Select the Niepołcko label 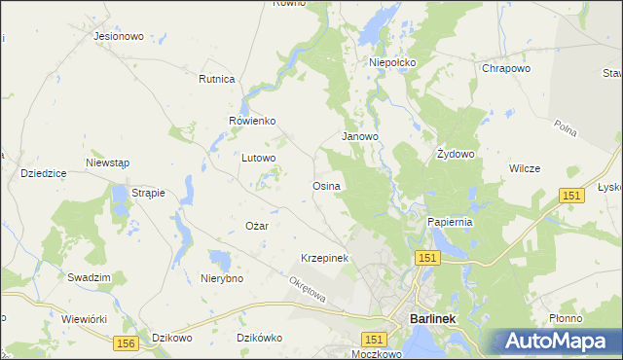(x=392, y=62)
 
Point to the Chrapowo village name (x=506, y=69)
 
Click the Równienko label (x=253, y=121)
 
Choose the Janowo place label (x=359, y=137)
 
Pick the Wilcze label (x=524, y=168)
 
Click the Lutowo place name (x=259, y=157)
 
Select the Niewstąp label (x=107, y=162)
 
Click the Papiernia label (x=450, y=222)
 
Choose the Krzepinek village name (x=324, y=258)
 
